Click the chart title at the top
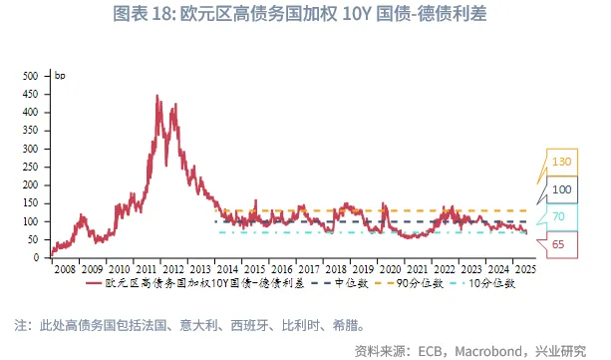coord(305,16)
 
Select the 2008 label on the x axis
coord(63,269)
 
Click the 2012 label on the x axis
coord(173,269)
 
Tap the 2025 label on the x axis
coord(528,269)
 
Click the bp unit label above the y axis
coord(59,76)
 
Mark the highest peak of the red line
coord(157,96)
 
